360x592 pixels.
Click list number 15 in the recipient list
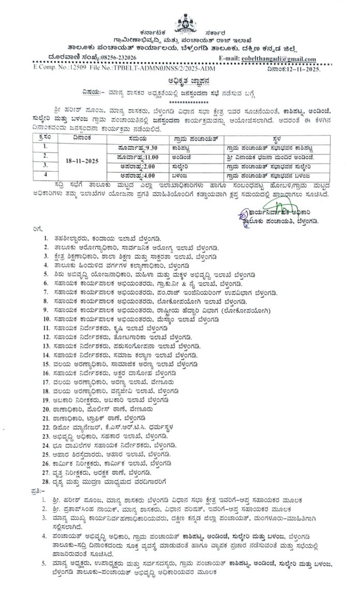tap(47, 364)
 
